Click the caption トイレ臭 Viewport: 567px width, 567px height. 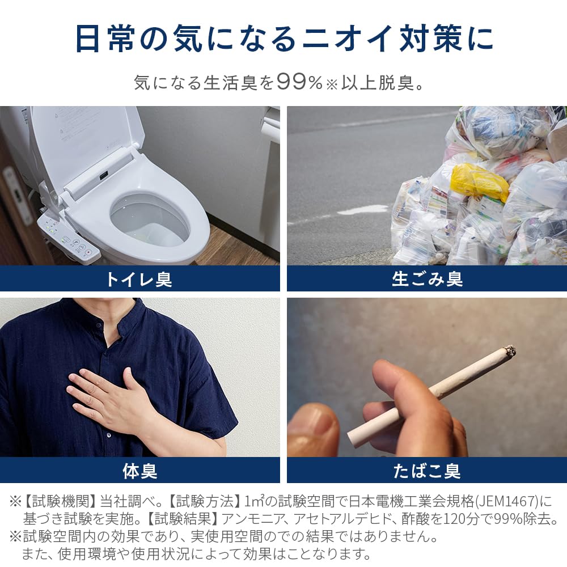click(x=139, y=279)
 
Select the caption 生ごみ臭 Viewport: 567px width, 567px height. click(x=428, y=279)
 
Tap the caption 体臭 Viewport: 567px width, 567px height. click(x=139, y=471)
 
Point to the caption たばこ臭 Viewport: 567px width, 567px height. click(x=428, y=471)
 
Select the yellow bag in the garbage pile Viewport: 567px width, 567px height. click(x=480, y=181)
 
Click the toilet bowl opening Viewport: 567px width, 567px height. click(x=149, y=218)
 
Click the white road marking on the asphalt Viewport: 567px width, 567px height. click(x=363, y=210)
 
